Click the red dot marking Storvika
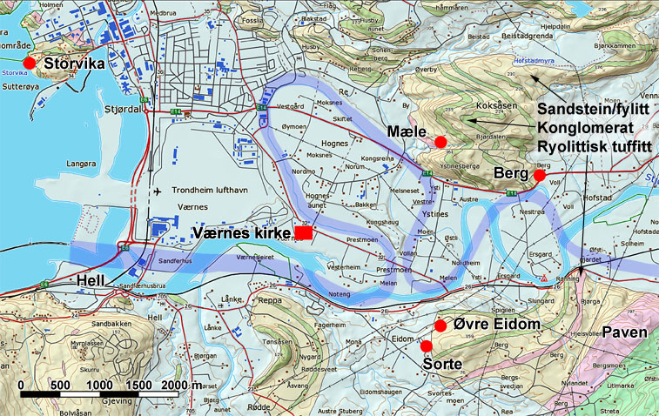[29, 62]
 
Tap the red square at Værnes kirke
[304, 232]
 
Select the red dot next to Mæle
[440, 142]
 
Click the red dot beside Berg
[540, 175]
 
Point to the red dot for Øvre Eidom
[440, 325]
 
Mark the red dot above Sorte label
[426, 346]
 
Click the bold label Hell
[91, 280]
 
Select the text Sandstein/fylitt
[595, 110]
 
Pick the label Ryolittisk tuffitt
[595, 145]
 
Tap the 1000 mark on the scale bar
[100, 385]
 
